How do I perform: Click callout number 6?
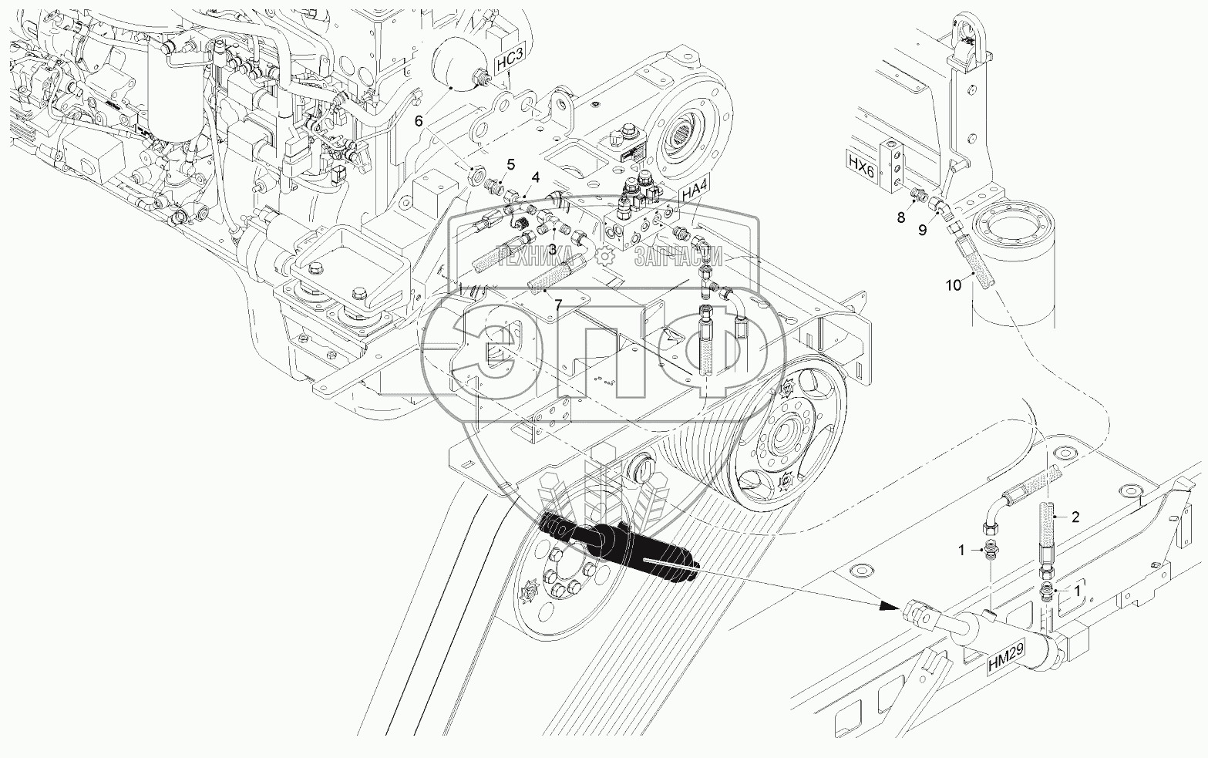click(419, 121)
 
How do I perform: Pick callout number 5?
click(510, 164)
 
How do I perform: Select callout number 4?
click(536, 177)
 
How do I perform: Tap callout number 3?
click(552, 249)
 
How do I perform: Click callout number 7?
click(557, 305)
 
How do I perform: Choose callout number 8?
click(901, 218)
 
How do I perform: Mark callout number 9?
click(923, 231)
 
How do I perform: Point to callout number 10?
click(954, 285)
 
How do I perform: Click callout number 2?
click(1075, 517)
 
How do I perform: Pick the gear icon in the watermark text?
click(606, 256)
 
